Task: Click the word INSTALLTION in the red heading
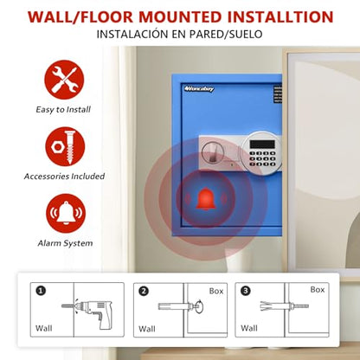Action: pyautogui.click(x=280, y=17)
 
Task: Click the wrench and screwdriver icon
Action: pyautogui.click(x=64, y=80)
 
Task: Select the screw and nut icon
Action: pyautogui.click(x=65, y=147)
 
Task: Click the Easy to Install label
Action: pyautogui.click(x=63, y=110)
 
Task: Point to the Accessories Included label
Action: pyautogui.click(x=64, y=177)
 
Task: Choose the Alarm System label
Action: pyautogui.click(x=65, y=243)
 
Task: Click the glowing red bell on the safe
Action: pyautogui.click(x=206, y=198)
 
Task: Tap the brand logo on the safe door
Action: pyautogui.click(x=199, y=89)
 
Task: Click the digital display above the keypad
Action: pyautogui.click(x=262, y=145)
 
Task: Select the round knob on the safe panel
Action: pyautogui.click(x=212, y=152)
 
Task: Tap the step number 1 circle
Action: pyautogui.click(x=41, y=291)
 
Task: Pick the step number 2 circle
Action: pyautogui.click(x=144, y=291)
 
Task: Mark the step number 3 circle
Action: pyautogui.click(x=246, y=291)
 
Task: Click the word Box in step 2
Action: pyautogui.click(x=216, y=292)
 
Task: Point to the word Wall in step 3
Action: pyautogui.click(x=249, y=328)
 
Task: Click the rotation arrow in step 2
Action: pyautogui.click(x=199, y=307)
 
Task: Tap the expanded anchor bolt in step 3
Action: pyautogui.click(x=285, y=306)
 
